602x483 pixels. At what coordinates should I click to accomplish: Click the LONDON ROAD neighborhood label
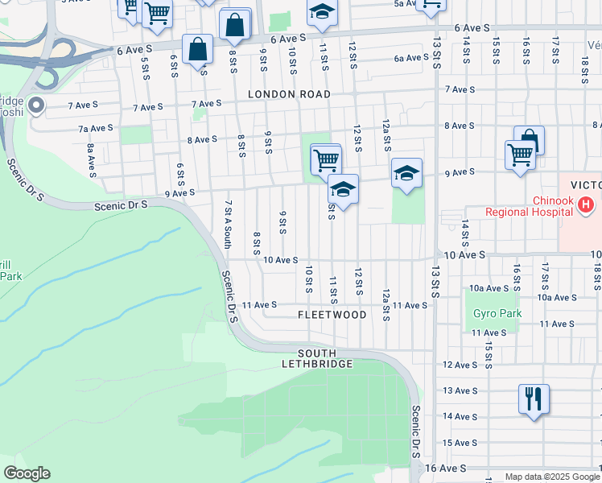coord(289,94)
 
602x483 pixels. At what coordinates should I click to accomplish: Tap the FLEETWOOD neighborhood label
coord(332,315)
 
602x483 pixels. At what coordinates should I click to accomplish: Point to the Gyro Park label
coord(497,314)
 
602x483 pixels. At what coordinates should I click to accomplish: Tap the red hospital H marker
coord(586,206)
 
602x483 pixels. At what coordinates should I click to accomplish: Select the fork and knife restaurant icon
coord(534,398)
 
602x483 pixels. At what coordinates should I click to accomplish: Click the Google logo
coord(27,473)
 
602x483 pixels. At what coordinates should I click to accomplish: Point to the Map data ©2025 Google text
coord(551,477)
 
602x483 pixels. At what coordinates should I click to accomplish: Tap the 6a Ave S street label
coord(410,58)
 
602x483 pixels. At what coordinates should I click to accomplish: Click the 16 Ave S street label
coord(445,468)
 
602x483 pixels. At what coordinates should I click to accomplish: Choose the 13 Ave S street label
coord(460,390)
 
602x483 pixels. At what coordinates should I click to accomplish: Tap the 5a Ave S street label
coord(409,4)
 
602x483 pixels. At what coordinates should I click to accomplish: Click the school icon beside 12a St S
coord(407,173)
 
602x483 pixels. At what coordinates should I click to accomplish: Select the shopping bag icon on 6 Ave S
coord(197,50)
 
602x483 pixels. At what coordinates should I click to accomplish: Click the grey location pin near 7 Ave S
coord(35,105)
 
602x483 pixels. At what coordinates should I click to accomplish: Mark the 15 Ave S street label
coord(460,443)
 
